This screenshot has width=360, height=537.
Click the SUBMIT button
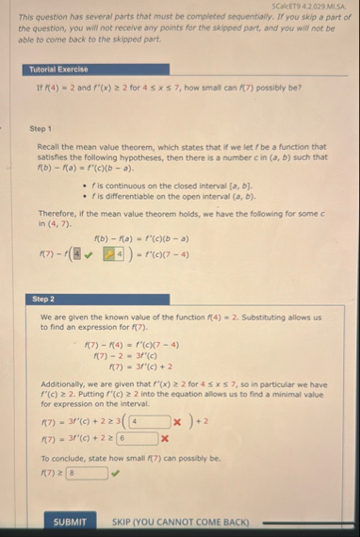point(70,521)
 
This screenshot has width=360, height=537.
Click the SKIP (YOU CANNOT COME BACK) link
point(180,521)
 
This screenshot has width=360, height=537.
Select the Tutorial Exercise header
point(58,69)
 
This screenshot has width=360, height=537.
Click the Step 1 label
point(41,129)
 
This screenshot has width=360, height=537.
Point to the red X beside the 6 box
point(165,438)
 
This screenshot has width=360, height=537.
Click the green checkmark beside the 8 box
point(116,474)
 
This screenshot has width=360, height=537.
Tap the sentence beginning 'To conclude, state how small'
point(130,458)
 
